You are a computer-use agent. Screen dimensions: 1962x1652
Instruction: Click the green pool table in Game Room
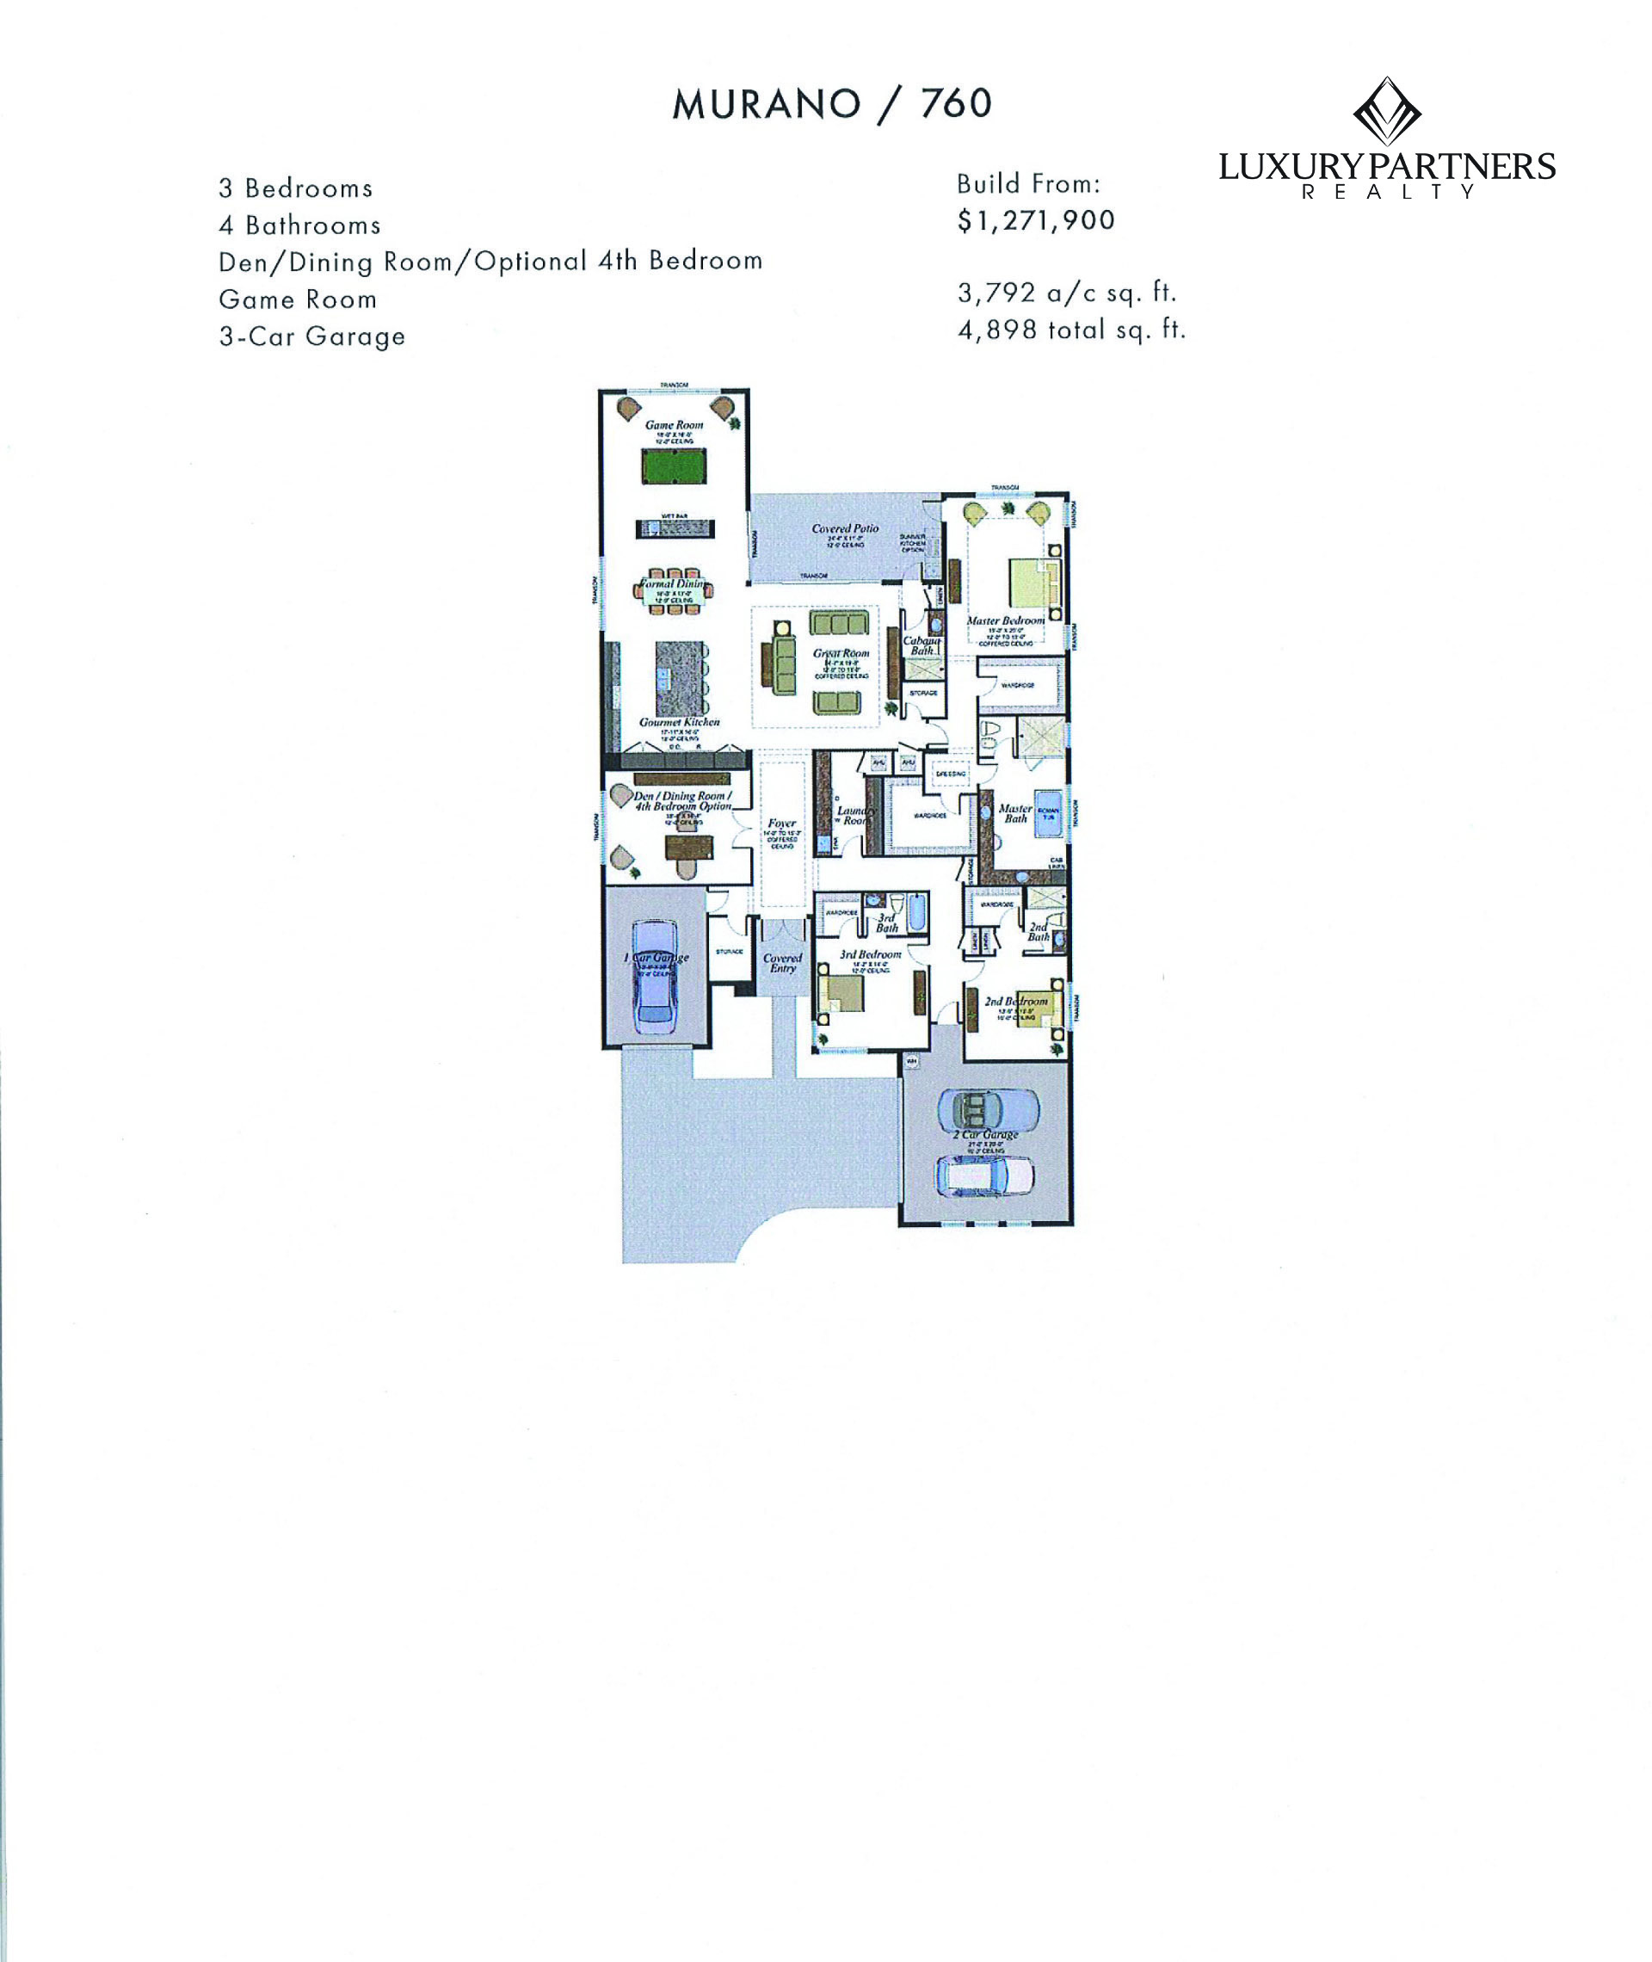(675, 466)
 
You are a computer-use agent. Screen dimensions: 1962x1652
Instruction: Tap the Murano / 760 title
(832, 104)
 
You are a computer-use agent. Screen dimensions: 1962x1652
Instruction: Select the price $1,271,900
(1036, 221)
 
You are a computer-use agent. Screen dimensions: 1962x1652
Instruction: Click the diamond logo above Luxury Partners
(1387, 112)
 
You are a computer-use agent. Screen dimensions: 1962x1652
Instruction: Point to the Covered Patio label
(845, 529)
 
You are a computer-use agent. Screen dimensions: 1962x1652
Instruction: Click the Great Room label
(841, 654)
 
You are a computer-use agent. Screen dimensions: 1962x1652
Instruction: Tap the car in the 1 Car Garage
(655, 976)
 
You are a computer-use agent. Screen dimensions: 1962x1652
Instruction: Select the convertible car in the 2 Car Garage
(988, 1110)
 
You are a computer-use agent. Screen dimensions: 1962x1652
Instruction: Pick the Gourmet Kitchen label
(679, 722)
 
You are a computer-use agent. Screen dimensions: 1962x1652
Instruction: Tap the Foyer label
(781, 824)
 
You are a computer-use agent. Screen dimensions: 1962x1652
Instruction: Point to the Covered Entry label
(782, 963)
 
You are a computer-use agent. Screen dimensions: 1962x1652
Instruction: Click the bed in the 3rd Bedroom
(841, 995)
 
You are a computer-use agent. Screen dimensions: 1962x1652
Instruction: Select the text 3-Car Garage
(311, 336)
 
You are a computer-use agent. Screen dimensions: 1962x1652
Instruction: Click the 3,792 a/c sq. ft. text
(1066, 293)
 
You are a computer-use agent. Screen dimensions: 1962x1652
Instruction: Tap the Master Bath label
(1014, 813)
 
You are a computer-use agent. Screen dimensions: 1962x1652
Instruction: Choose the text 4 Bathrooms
(299, 225)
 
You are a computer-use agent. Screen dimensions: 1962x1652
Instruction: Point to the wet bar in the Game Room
(675, 528)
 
